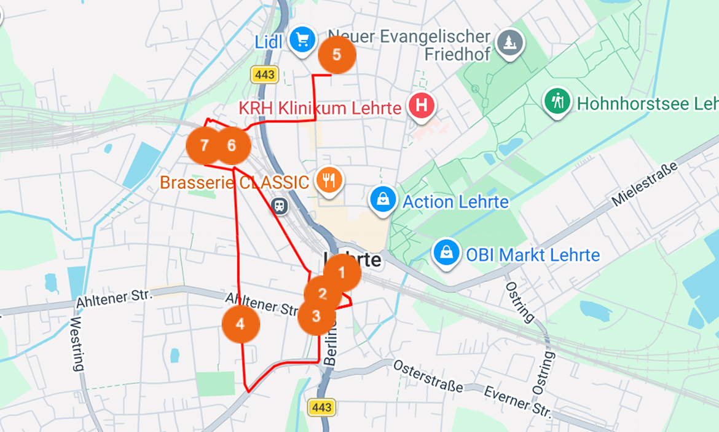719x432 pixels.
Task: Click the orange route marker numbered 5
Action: click(337, 55)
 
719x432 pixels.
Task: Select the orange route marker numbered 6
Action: click(232, 146)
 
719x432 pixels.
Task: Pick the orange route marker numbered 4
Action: click(240, 323)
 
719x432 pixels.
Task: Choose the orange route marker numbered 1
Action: click(342, 272)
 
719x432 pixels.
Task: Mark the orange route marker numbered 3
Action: click(316, 316)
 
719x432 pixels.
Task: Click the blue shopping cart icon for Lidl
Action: click(302, 41)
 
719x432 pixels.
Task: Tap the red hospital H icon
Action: click(422, 106)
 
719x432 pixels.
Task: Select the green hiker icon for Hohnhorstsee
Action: click(557, 101)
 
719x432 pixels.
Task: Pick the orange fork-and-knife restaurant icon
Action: click(329, 180)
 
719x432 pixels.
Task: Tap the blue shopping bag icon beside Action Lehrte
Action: click(383, 200)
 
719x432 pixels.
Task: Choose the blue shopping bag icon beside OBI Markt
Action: click(447, 253)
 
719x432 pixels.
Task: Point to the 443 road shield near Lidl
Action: click(265, 75)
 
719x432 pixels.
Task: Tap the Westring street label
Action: click(76, 344)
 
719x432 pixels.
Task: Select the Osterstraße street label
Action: click(428, 376)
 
